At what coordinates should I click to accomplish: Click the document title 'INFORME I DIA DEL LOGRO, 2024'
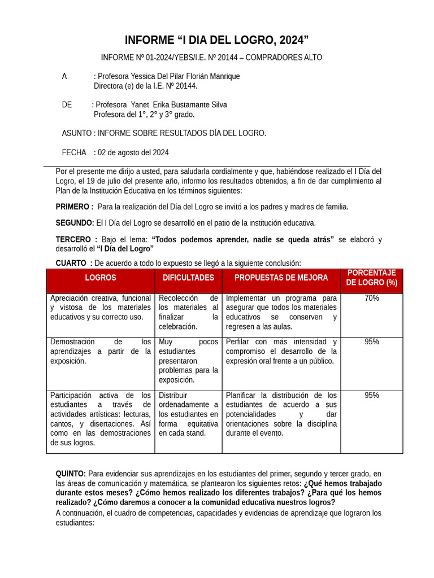click(216, 40)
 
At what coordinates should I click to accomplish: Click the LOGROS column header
click(101, 278)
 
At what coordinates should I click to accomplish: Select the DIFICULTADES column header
click(188, 278)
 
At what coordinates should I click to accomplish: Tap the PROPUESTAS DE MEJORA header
click(281, 278)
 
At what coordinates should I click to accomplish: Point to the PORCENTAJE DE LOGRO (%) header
click(371, 278)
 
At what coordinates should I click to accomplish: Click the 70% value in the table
click(371, 298)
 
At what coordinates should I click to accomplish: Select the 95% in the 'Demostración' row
click(371, 341)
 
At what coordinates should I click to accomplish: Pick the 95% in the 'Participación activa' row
click(371, 395)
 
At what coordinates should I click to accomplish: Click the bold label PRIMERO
click(74, 207)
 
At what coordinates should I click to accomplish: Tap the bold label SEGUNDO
click(75, 223)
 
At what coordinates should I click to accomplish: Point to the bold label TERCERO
click(76, 239)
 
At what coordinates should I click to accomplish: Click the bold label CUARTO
click(73, 263)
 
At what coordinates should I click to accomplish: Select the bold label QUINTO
click(71, 474)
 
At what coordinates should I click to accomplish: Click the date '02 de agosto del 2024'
click(133, 152)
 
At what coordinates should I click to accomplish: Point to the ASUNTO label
click(77, 133)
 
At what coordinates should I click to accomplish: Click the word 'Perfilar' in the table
click(238, 341)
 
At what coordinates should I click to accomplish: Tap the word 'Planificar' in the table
click(242, 395)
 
